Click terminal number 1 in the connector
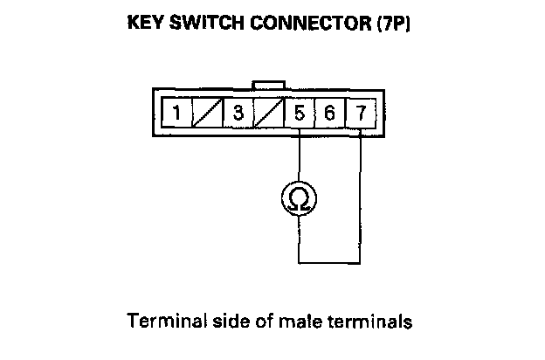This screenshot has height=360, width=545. [x=177, y=114]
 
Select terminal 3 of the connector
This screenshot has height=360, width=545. [x=238, y=114]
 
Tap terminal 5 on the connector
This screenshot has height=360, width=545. [x=300, y=114]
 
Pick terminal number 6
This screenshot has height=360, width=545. [x=329, y=114]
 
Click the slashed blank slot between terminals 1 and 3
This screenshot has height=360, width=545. [x=208, y=114]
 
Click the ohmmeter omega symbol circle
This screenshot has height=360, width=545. [x=300, y=200]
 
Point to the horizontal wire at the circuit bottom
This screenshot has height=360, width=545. [x=329, y=261]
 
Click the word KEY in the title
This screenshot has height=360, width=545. [x=148, y=24]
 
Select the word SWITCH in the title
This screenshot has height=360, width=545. [x=207, y=24]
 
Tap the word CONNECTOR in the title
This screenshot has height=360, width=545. [x=307, y=24]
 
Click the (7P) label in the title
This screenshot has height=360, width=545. [x=392, y=24]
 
